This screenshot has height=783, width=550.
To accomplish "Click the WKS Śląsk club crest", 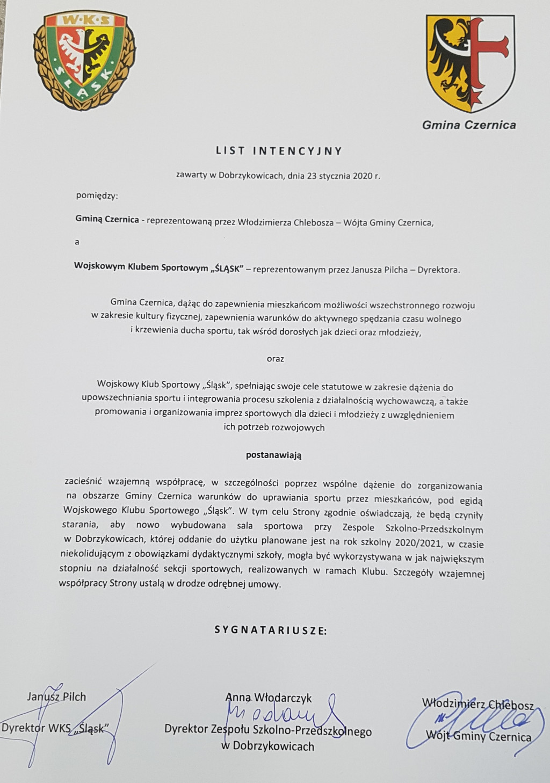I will tap(85, 60).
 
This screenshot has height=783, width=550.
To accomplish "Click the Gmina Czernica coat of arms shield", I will tap(470, 62).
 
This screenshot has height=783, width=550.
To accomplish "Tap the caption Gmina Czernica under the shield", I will tap(469, 125).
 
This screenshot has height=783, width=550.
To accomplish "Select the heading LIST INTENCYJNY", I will tap(279, 151).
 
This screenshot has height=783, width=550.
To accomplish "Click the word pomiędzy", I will tap(97, 195).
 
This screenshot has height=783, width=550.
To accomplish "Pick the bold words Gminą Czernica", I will tap(107, 220).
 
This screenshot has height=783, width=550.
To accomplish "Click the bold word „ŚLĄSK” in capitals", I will tap(227, 268).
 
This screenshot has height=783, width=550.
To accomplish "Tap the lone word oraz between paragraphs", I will tap(275, 359).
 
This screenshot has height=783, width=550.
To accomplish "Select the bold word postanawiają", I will tap(274, 455).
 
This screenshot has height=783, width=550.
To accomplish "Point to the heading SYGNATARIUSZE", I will tap(271, 629).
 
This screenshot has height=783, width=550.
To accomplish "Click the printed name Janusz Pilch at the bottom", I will tap(56, 697).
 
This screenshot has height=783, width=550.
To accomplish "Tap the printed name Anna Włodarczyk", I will tap(269, 698).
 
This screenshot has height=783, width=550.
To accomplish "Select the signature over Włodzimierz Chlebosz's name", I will tap(473, 720).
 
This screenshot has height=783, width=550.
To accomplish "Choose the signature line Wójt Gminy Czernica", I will tap(478, 736).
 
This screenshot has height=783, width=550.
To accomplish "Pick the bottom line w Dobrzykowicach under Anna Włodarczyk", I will tap(267, 746).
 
